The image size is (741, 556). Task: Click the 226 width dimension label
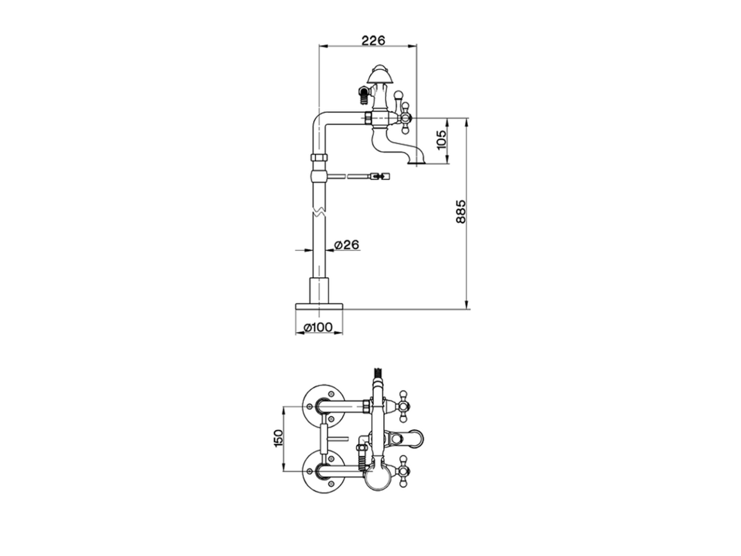pos(373,40)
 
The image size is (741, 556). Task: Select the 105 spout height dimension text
pos(442,141)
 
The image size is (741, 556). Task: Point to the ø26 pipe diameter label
pos(347,245)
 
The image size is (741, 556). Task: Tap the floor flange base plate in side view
pos(319,305)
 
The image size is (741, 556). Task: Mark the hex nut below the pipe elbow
pos(319,158)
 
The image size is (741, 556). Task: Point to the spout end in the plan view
pos(418,437)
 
